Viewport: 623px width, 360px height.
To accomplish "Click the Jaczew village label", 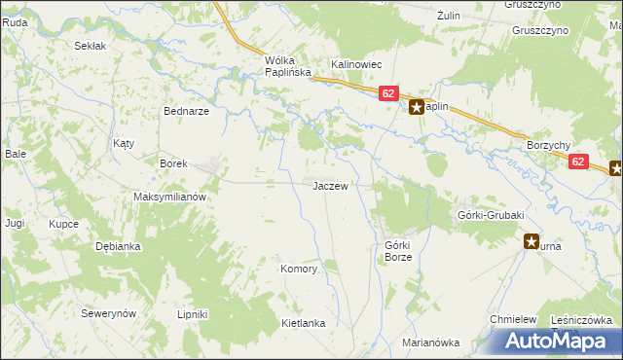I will click(329, 185).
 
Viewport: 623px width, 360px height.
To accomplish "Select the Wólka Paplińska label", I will click(287, 66).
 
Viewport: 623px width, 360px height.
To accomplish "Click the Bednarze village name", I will click(187, 111).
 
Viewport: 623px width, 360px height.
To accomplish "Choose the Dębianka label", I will click(118, 246).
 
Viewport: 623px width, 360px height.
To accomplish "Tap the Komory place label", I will click(299, 269).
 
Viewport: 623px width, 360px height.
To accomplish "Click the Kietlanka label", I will click(302, 322).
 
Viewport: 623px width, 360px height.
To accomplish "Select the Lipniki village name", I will click(193, 314).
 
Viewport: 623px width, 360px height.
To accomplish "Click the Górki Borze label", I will click(399, 251).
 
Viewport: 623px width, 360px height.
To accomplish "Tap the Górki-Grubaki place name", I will click(491, 215).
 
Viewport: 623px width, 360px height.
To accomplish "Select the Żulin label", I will click(448, 16).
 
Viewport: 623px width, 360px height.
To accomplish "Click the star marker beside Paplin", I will click(416, 108).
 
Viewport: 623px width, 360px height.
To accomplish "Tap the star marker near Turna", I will click(531, 240).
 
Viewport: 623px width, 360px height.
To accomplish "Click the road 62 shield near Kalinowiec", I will click(388, 93).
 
